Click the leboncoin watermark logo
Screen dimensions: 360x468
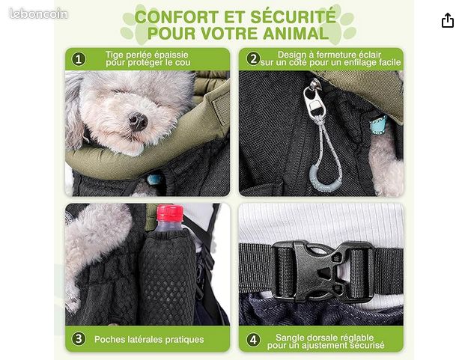[x=38, y=13]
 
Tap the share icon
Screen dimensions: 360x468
[x=448, y=20]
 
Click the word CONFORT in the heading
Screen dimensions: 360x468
[x=177, y=16]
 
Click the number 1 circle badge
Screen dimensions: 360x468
[x=79, y=59]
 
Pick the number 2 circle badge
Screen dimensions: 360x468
[x=253, y=59]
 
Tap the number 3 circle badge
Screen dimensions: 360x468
[x=79, y=339]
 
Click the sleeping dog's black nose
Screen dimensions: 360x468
[x=138, y=120]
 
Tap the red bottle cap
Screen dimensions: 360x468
[x=170, y=213]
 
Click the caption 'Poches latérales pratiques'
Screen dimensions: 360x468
[x=149, y=340]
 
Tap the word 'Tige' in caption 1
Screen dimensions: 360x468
[x=115, y=55]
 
